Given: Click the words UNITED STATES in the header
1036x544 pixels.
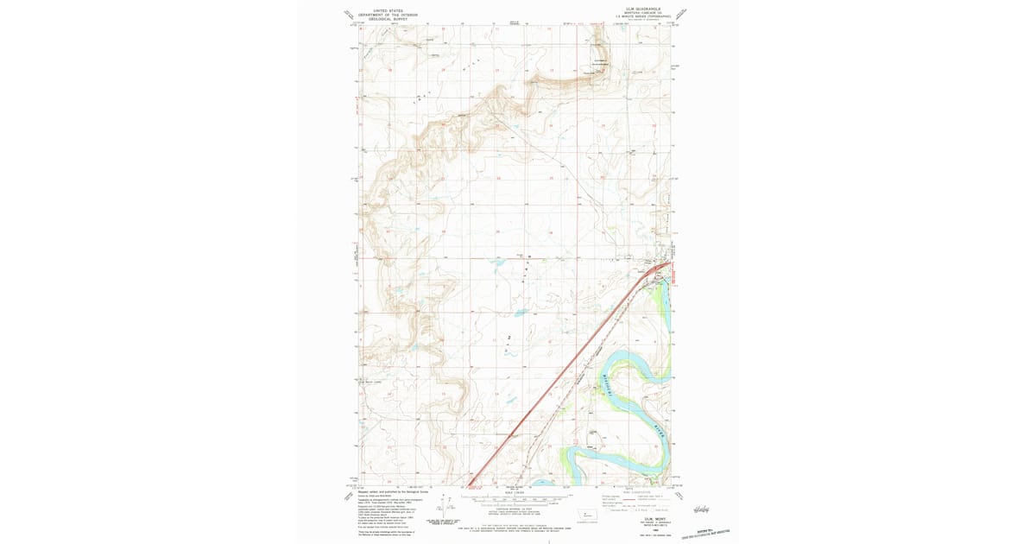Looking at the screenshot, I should (388, 11).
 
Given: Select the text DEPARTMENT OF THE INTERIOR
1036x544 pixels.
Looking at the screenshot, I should (388, 16).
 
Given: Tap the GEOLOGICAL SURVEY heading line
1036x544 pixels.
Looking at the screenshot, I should (388, 20).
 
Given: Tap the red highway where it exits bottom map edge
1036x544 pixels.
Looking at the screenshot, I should (471, 483).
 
